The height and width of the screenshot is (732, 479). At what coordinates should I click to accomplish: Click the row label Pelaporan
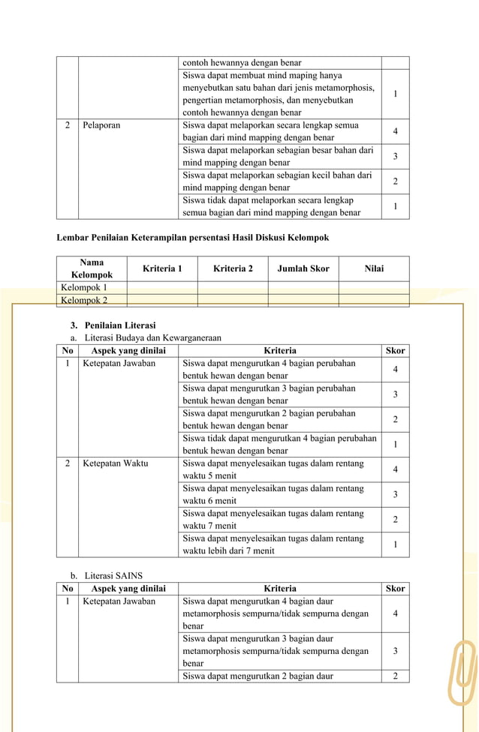pos(101,125)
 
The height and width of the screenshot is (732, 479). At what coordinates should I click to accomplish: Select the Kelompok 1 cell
pos(84,287)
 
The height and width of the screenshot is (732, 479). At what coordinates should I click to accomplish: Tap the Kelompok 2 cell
pos(84,300)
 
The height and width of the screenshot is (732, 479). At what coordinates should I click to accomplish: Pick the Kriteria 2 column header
pos(233,268)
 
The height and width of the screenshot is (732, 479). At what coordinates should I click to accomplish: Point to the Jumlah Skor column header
pos(303,268)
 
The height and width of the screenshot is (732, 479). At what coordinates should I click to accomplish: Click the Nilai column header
pos(374,268)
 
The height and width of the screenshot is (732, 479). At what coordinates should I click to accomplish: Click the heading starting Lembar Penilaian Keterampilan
pos(193,238)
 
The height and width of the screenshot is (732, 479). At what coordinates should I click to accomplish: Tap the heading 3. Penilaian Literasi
pos(113,325)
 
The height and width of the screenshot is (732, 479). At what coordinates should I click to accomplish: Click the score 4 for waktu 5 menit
pos(395,469)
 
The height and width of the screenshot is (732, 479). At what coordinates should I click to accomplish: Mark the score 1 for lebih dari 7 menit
pos(395,544)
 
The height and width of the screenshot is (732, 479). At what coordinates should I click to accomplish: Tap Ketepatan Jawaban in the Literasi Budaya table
pos(119,364)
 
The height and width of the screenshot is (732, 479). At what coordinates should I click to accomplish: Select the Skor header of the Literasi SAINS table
pos(395,589)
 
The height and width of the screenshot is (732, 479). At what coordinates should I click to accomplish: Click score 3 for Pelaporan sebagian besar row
pos(395,156)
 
